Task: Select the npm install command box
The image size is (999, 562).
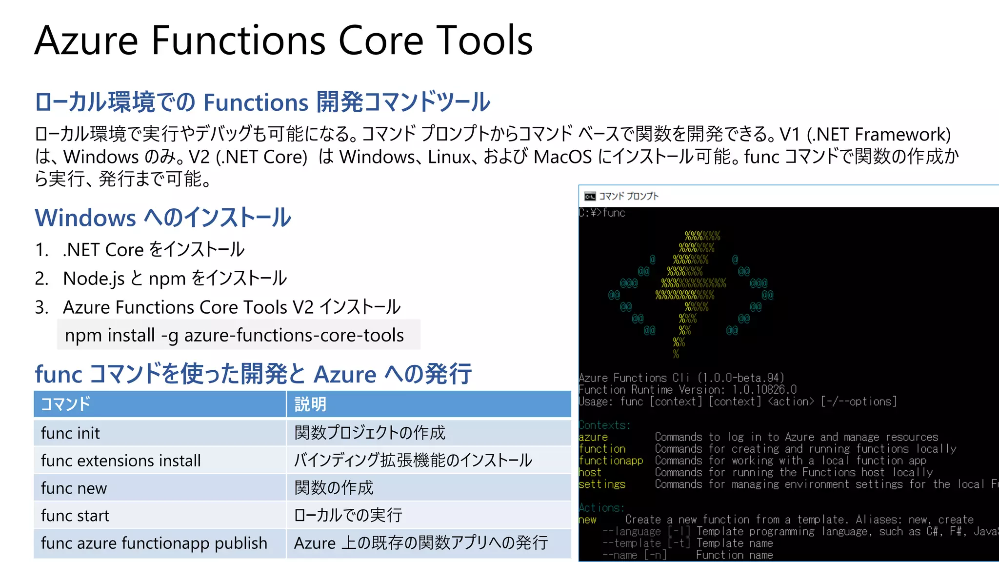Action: (x=239, y=335)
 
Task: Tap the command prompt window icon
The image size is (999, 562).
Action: (x=590, y=197)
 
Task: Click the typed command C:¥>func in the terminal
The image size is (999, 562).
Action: (x=602, y=213)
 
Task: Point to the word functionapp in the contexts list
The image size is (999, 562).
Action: (x=611, y=461)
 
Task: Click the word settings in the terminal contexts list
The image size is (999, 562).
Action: (x=602, y=484)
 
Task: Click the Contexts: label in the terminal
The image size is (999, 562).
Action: (x=604, y=425)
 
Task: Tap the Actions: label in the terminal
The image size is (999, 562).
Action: (x=601, y=508)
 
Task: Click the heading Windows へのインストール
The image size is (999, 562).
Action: (x=163, y=218)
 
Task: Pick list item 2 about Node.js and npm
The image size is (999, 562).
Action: (x=175, y=279)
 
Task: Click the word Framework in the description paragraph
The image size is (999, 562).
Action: (x=903, y=134)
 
